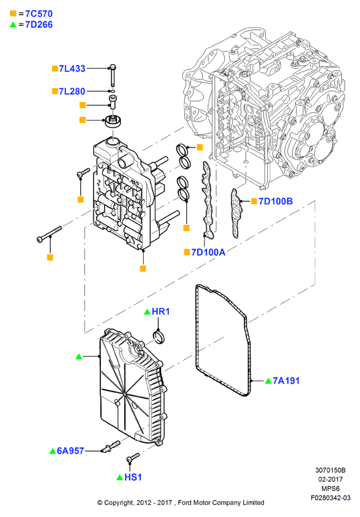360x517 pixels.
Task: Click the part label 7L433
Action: point(72,69)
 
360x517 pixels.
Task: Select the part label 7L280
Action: point(72,92)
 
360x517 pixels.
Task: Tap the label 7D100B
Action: point(276,201)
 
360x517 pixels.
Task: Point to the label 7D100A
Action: point(208,252)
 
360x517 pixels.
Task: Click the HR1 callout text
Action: point(161,311)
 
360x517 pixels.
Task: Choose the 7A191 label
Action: point(286,381)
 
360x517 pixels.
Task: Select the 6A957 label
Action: point(71,451)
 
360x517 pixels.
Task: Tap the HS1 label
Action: point(133,477)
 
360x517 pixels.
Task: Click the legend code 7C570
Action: point(39,14)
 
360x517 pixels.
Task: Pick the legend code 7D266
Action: point(39,25)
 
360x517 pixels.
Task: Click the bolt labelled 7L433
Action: point(113,75)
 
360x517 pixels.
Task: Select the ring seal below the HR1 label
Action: point(160,337)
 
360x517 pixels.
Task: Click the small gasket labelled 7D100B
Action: point(235,213)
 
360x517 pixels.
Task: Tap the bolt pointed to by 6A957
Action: point(111,446)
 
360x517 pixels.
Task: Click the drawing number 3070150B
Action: point(330,470)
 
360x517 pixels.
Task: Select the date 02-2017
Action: point(331,480)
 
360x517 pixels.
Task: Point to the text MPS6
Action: point(331,489)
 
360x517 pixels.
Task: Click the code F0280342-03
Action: point(331,498)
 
